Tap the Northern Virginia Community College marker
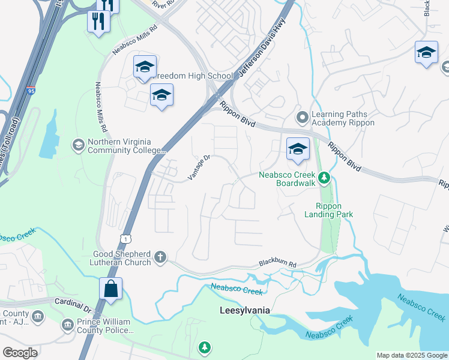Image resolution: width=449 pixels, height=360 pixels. pyautogui.click(x=77, y=145)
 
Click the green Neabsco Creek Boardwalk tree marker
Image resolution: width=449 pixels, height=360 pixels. pyautogui.click(x=324, y=177)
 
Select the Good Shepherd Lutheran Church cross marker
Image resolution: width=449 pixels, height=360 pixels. pyautogui.click(x=160, y=257)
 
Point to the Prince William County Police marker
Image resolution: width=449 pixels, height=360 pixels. pyautogui.click(x=68, y=326)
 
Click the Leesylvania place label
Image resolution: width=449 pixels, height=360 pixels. pyautogui.click(x=243, y=310)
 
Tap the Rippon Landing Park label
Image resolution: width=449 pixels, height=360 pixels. pyautogui.click(x=328, y=209)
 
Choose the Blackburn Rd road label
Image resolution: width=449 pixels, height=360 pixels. pyautogui.click(x=278, y=263)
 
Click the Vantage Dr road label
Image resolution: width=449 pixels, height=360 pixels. pyautogui.click(x=199, y=167)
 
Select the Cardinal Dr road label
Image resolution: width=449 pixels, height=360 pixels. pyautogui.click(x=72, y=305)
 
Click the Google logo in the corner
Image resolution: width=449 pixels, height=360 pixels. pyautogui.click(x=20, y=352)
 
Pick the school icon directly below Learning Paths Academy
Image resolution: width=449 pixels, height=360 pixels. pyautogui.click(x=297, y=149)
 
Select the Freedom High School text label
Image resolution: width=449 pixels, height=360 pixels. pyautogui.click(x=193, y=76)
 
